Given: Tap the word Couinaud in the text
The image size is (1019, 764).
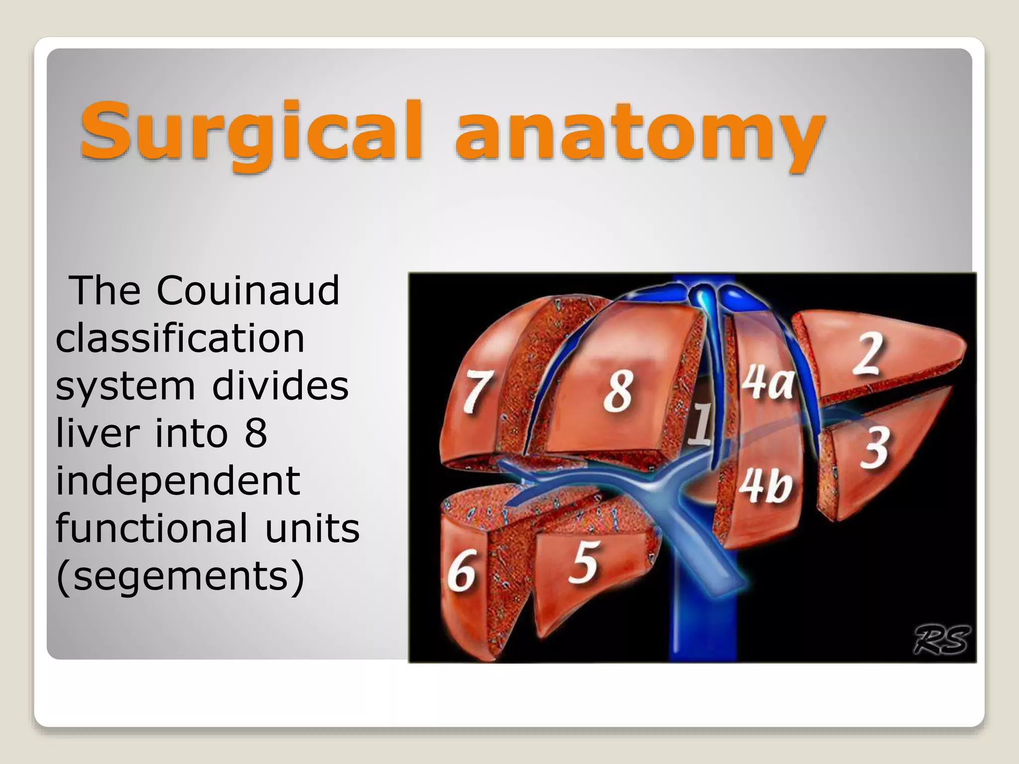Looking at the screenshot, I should click(x=248, y=290).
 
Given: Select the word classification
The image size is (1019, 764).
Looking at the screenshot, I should click(x=180, y=338).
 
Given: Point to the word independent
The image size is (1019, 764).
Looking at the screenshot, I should click(x=178, y=481).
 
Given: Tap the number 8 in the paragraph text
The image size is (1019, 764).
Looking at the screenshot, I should click(x=256, y=434).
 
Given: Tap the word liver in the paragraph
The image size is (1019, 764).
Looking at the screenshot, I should click(x=97, y=434).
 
